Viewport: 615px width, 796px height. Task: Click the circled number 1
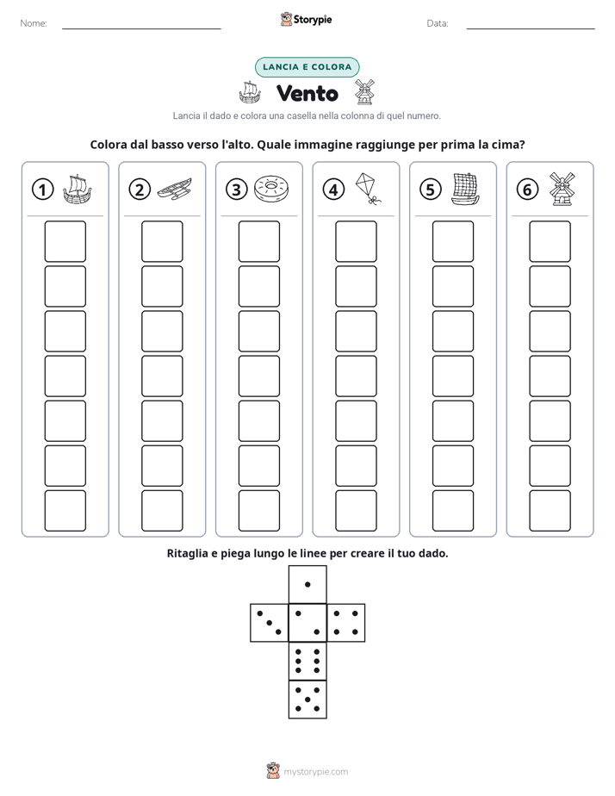pyautogui.click(x=42, y=190)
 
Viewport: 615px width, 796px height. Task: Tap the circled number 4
pyautogui.click(x=333, y=190)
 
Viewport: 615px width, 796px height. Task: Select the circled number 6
pyautogui.click(x=527, y=190)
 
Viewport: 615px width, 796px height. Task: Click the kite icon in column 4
pyautogui.click(x=368, y=189)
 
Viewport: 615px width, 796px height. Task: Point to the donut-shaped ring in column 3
pyautogui.click(x=271, y=189)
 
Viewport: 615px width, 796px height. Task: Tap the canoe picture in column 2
pyautogui.click(x=175, y=190)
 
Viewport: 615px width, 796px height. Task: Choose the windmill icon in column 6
pyautogui.click(x=562, y=189)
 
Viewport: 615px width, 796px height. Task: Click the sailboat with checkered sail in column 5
pyautogui.click(x=465, y=189)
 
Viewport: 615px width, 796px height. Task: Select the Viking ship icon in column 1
pyautogui.click(x=78, y=190)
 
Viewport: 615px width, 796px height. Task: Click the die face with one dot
pyautogui.click(x=307, y=585)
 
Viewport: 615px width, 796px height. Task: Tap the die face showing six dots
pyautogui.click(x=307, y=661)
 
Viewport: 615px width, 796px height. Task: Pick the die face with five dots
pyautogui.click(x=307, y=700)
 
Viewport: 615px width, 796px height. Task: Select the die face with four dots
pyautogui.click(x=346, y=623)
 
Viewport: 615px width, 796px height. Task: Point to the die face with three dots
pyautogui.click(x=270, y=623)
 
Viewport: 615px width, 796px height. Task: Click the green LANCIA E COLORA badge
pyautogui.click(x=307, y=67)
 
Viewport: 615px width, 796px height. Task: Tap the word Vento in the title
pyautogui.click(x=307, y=93)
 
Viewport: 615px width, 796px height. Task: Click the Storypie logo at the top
pyautogui.click(x=307, y=19)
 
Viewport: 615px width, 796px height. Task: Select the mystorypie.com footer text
pyautogui.click(x=315, y=772)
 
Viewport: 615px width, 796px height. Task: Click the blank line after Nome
pyautogui.click(x=141, y=28)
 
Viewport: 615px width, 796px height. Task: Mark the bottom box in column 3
pyautogui.click(x=259, y=511)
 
